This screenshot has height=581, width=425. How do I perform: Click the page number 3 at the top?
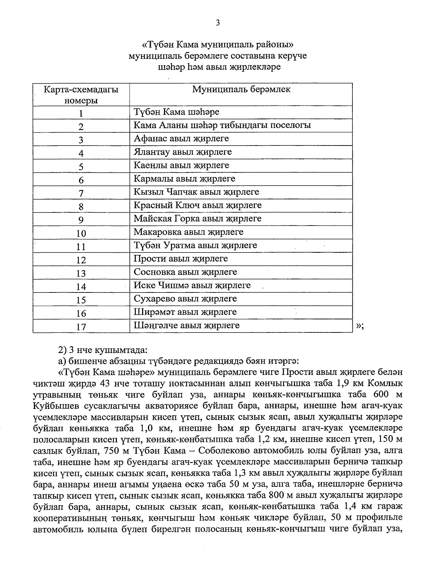point(218,23)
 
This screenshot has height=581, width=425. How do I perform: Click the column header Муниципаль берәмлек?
point(241,89)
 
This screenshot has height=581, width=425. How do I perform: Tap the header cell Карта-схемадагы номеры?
point(81,95)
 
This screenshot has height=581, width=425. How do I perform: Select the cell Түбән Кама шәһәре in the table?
point(176,112)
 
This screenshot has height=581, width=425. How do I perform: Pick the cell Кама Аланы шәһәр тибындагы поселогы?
point(222,125)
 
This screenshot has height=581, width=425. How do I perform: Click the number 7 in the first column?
point(81,193)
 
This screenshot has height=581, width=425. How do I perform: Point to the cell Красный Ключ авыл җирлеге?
point(197,205)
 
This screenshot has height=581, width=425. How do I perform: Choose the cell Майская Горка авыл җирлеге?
point(197,218)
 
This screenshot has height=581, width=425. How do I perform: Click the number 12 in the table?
point(81,260)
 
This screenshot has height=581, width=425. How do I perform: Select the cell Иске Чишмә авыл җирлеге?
point(192,285)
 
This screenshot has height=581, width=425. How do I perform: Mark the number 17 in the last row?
point(81,326)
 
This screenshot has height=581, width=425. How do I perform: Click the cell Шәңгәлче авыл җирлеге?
point(186,325)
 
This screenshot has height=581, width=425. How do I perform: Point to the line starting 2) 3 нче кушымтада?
point(102,351)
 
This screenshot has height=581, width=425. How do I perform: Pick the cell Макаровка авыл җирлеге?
point(188,232)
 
